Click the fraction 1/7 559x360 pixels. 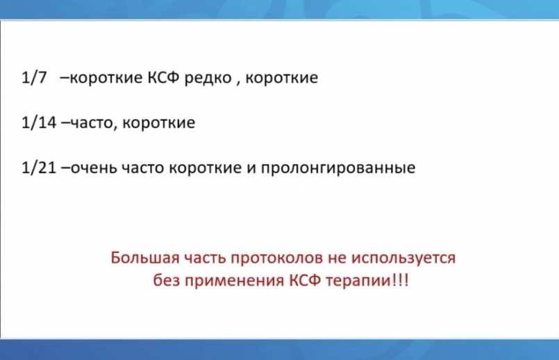[x=34, y=77]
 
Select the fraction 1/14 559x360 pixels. [x=39, y=122]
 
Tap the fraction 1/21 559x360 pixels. [x=39, y=167]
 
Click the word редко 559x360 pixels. [x=208, y=78]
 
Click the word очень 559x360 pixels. [x=94, y=168]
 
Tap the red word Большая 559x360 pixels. [x=144, y=258]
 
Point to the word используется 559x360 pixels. [x=403, y=259]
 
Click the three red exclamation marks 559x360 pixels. [x=401, y=280]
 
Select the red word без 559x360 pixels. [x=166, y=280]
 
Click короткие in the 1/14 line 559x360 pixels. [x=158, y=123]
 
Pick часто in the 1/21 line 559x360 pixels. [x=142, y=168]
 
